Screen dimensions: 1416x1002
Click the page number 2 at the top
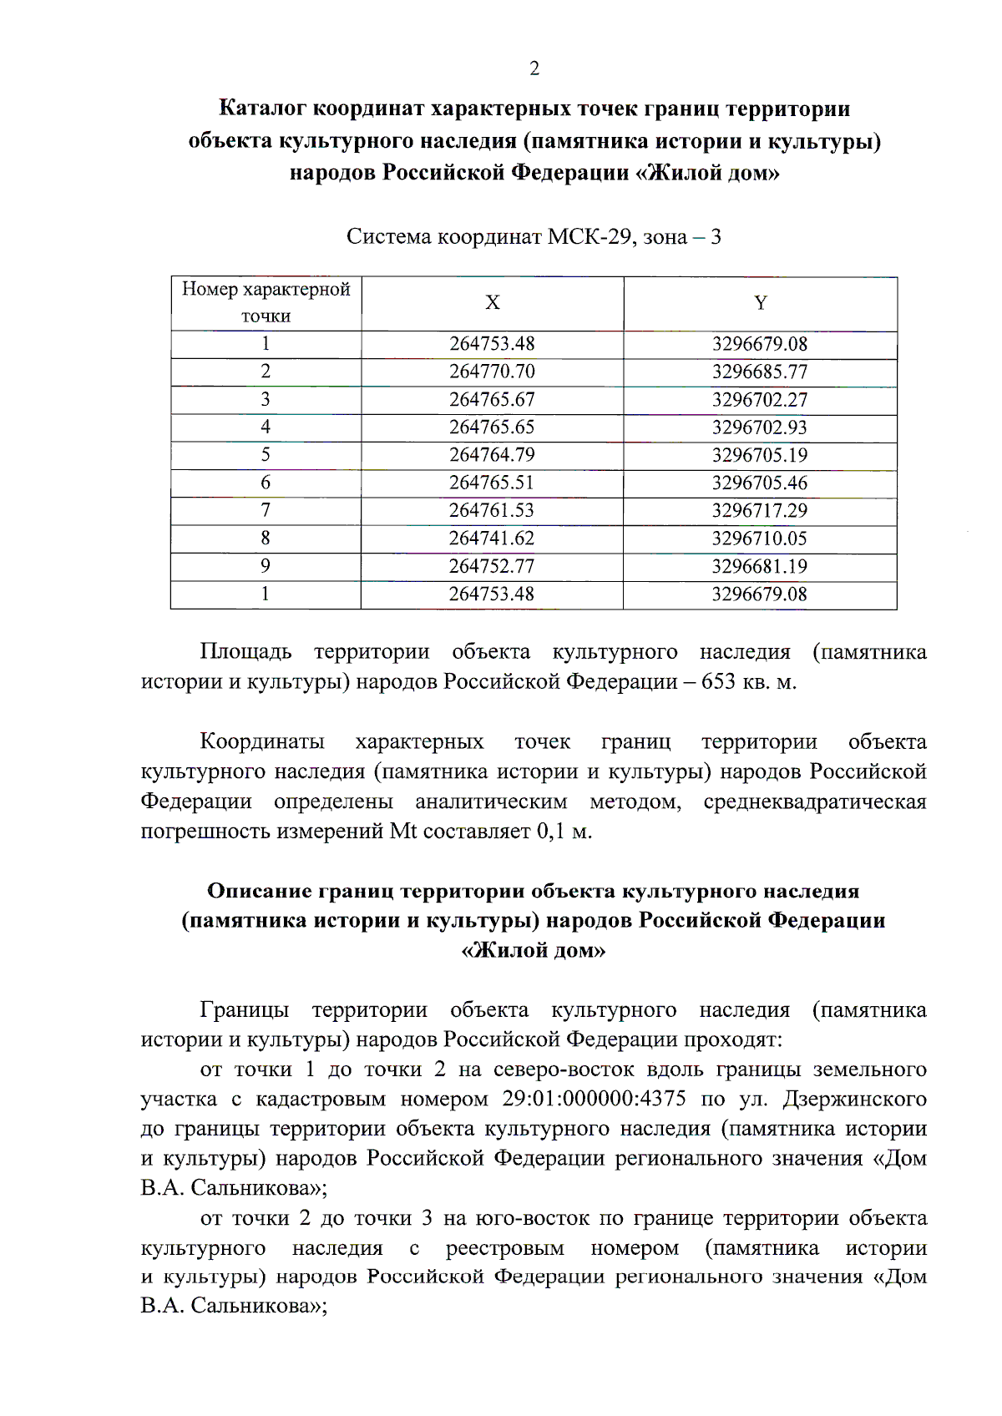tap(534, 68)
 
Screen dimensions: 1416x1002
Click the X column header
tap(493, 303)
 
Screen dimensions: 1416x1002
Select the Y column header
tap(760, 303)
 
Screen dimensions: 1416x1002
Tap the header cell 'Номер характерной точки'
tap(266, 302)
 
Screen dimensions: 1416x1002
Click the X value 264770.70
tap(492, 372)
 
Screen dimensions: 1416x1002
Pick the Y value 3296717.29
tap(759, 510)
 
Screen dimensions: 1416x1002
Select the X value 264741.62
tap(492, 539)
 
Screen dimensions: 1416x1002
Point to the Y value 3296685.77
tap(759, 372)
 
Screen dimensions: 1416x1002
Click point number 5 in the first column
tap(266, 455)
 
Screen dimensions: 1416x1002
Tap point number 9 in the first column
tap(266, 566)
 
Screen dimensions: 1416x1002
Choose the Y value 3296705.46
tap(759, 483)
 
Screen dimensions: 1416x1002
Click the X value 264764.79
tap(492, 455)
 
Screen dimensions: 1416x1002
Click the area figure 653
tap(718, 682)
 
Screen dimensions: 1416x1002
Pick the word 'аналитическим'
tap(491, 802)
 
